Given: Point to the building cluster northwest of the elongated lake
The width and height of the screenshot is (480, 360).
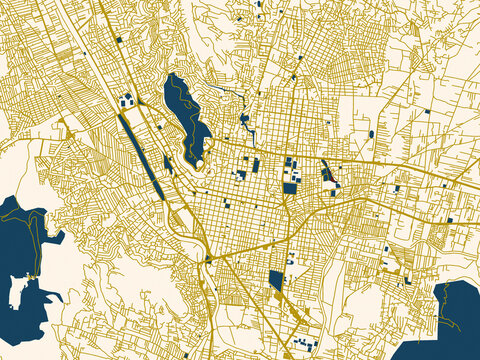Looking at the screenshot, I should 127,99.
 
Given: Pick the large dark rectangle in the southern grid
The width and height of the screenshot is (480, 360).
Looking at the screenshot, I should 276,281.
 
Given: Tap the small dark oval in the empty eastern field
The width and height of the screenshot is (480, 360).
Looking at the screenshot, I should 371,133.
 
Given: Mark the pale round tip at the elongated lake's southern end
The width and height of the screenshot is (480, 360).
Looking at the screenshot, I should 199,161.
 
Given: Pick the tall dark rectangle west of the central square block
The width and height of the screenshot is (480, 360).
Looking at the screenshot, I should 255,165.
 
